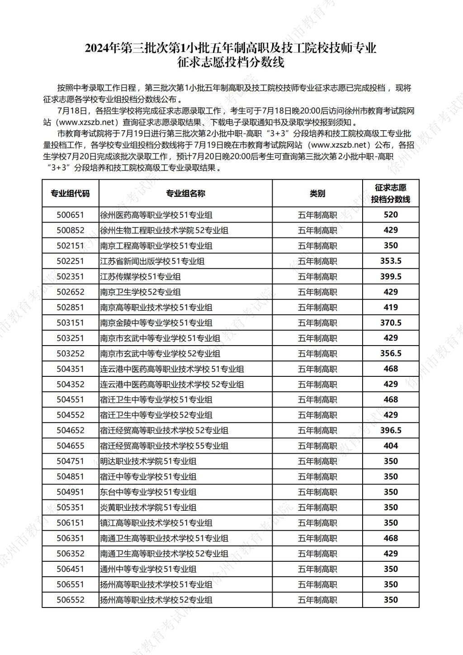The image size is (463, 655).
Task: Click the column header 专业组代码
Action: pyautogui.click(x=70, y=194)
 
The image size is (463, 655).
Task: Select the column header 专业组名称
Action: pyautogui.click(x=185, y=194)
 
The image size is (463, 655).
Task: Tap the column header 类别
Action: pyautogui.click(x=317, y=194)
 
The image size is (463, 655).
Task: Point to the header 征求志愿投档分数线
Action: pyautogui.click(x=391, y=194)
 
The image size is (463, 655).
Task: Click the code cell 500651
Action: pyautogui.click(x=70, y=215)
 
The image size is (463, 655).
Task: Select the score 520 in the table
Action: pyautogui.click(x=391, y=215)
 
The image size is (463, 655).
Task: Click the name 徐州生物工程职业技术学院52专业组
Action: pyautogui.click(x=164, y=230)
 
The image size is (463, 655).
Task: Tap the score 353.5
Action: pyautogui.click(x=391, y=261)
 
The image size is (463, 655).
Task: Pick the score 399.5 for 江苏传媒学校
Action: pyautogui.click(x=391, y=276)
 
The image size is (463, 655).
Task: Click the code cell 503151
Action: pyautogui.click(x=70, y=323)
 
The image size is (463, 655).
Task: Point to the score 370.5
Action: pyautogui.click(x=391, y=323)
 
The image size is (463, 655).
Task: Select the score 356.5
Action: pyautogui.click(x=391, y=353)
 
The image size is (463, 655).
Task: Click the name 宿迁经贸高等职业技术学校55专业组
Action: pyautogui.click(x=164, y=446)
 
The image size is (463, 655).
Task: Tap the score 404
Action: pyautogui.click(x=391, y=446)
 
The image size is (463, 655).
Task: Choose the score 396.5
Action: pyautogui.click(x=391, y=430)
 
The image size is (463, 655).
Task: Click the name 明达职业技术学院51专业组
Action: pyautogui.click(x=148, y=461)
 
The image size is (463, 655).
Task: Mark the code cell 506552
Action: pyautogui.click(x=70, y=600)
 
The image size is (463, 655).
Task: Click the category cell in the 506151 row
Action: pyautogui.click(x=317, y=523)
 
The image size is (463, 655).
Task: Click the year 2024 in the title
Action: pyautogui.click(x=98, y=48)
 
